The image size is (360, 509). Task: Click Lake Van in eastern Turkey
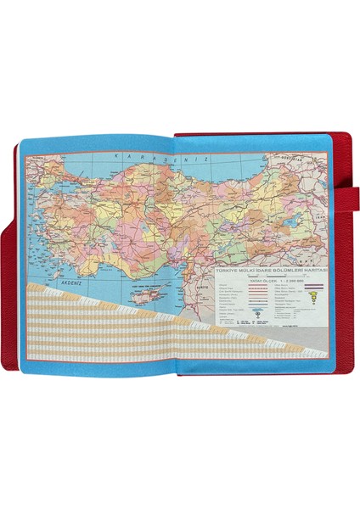(x=296, y=221)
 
